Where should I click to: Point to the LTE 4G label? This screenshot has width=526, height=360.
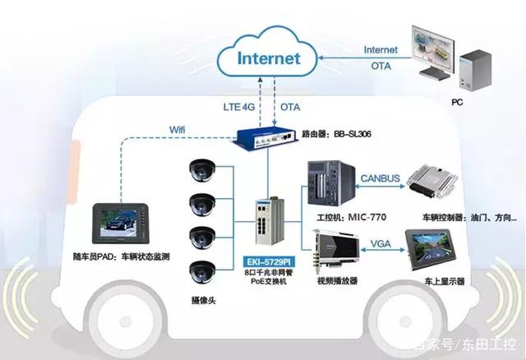242,108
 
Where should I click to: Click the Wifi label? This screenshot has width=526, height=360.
178,130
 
